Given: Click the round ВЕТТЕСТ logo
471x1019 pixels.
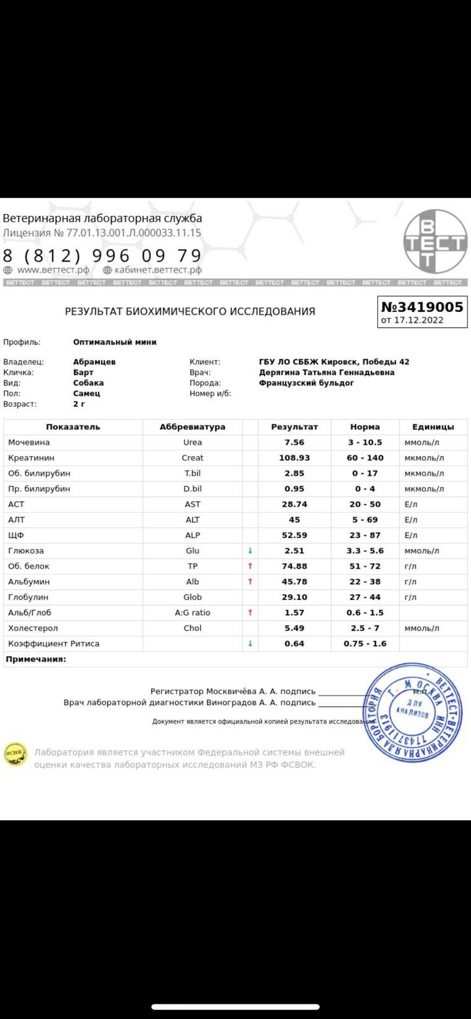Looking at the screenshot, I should coord(435,242).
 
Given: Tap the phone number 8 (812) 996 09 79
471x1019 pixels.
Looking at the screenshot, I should coord(102,255).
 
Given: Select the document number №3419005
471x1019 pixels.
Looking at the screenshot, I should coord(422,307).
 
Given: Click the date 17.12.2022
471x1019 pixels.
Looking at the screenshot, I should coord(418,320).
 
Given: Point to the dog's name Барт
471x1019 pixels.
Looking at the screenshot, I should coord(83,373).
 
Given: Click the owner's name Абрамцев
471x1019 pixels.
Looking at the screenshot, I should coord(94,362).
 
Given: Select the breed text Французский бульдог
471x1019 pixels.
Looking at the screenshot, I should coord(306,383).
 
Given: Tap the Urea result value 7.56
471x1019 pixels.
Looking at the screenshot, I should coord(294,443).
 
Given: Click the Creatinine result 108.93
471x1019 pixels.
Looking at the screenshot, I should coord(294,458).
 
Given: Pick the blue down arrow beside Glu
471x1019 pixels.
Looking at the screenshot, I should coord(250,551).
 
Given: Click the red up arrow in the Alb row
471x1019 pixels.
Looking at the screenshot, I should coord(250,581).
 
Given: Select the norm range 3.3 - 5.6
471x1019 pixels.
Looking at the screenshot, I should coord(365,551).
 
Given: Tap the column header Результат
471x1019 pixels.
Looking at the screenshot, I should coord(294,427).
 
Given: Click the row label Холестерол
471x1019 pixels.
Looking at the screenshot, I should coord(33,628).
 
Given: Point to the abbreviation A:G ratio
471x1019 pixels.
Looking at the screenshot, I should coord(192,613).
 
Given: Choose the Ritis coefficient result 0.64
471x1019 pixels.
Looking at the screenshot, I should coord(294,643).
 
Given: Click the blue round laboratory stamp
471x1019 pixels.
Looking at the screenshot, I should coord(412,712).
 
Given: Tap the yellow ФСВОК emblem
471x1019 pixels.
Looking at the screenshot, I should coord(15,754).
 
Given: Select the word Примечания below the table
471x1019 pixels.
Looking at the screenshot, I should coord(36,659).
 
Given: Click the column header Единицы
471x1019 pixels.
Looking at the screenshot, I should coord(433,427).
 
